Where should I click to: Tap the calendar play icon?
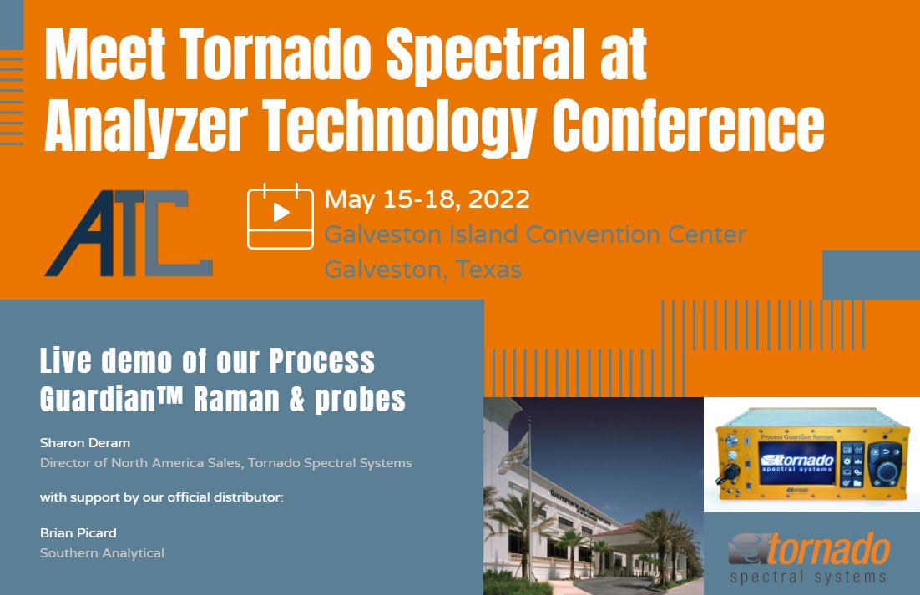tap(281, 215)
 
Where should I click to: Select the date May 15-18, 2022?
tap(427, 200)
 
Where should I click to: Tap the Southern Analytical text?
tap(102, 552)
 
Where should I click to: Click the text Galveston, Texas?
tap(422, 270)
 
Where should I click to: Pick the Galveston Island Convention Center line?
tap(534, 234)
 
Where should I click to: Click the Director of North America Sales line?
tap(225, 462)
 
